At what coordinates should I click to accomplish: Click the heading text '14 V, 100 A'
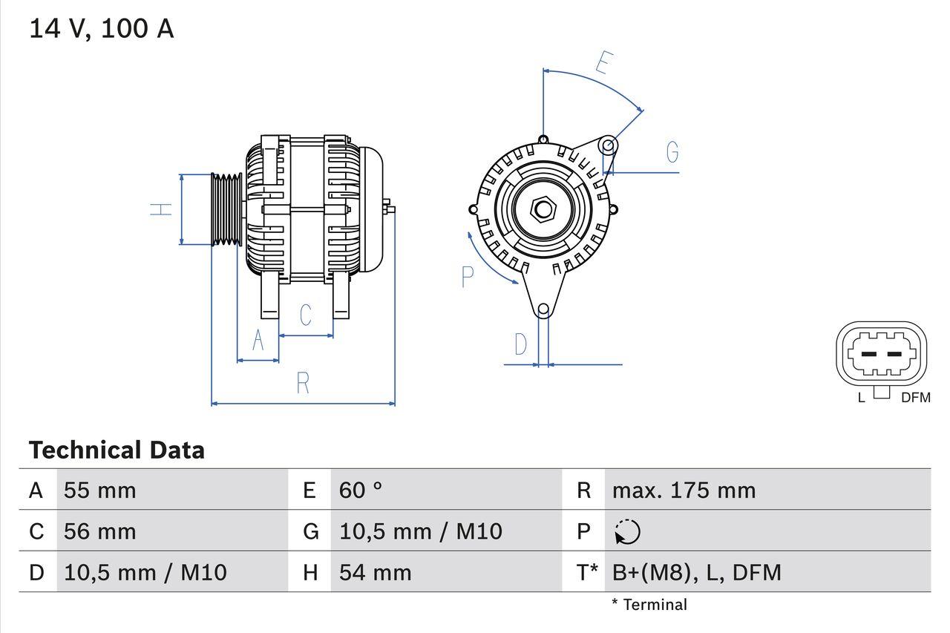[x=102, y=29]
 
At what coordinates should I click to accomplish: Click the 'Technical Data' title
[x=117, y=450]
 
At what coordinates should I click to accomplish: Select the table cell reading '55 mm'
[x=100, y=491]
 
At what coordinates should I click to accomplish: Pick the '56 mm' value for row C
[x=100, y=531]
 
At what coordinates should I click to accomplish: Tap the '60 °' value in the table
[x=361, y=491]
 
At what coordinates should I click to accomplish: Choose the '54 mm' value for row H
[x=376, y=572]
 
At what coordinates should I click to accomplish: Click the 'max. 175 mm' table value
[x=684, y=491]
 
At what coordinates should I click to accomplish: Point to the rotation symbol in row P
[x=628, y=532]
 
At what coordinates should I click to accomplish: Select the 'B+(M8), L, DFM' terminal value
[x=696, y=572]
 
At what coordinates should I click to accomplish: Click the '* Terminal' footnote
[x=649, y=605]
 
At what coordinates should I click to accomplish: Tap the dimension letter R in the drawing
[x=303, y=383]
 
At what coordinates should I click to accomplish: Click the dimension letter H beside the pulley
[x=161, y=209]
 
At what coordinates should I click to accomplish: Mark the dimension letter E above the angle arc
[x=603, y=64]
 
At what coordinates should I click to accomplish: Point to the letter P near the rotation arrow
[x=467, y=277]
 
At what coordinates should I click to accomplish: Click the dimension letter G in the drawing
[x=672, y=152]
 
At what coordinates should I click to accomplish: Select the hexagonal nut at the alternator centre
[x=543, y=209]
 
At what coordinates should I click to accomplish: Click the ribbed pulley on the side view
[x=226, y=210]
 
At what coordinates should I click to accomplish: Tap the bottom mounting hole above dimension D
[x=543, y=309]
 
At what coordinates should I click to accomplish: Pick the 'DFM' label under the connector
[x=915, y=398]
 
